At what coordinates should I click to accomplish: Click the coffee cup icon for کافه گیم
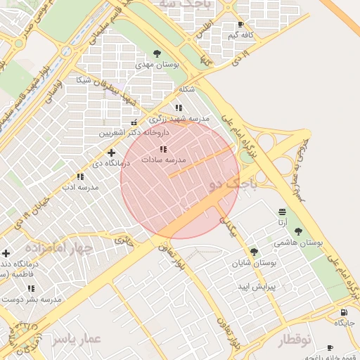241,24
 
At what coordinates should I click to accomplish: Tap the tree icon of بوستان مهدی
157,53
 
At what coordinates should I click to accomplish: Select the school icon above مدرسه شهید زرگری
179,108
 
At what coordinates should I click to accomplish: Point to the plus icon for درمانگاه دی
110,152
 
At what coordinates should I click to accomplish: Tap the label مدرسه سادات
163,160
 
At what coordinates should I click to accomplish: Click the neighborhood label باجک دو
234,185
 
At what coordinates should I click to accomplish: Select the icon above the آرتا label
282,212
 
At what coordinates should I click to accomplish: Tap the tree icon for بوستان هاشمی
298,231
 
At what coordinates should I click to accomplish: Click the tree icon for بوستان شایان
254,251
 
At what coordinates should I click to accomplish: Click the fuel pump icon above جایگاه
343,312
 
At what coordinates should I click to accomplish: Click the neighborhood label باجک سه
176,4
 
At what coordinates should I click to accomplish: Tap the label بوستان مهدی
157,64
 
